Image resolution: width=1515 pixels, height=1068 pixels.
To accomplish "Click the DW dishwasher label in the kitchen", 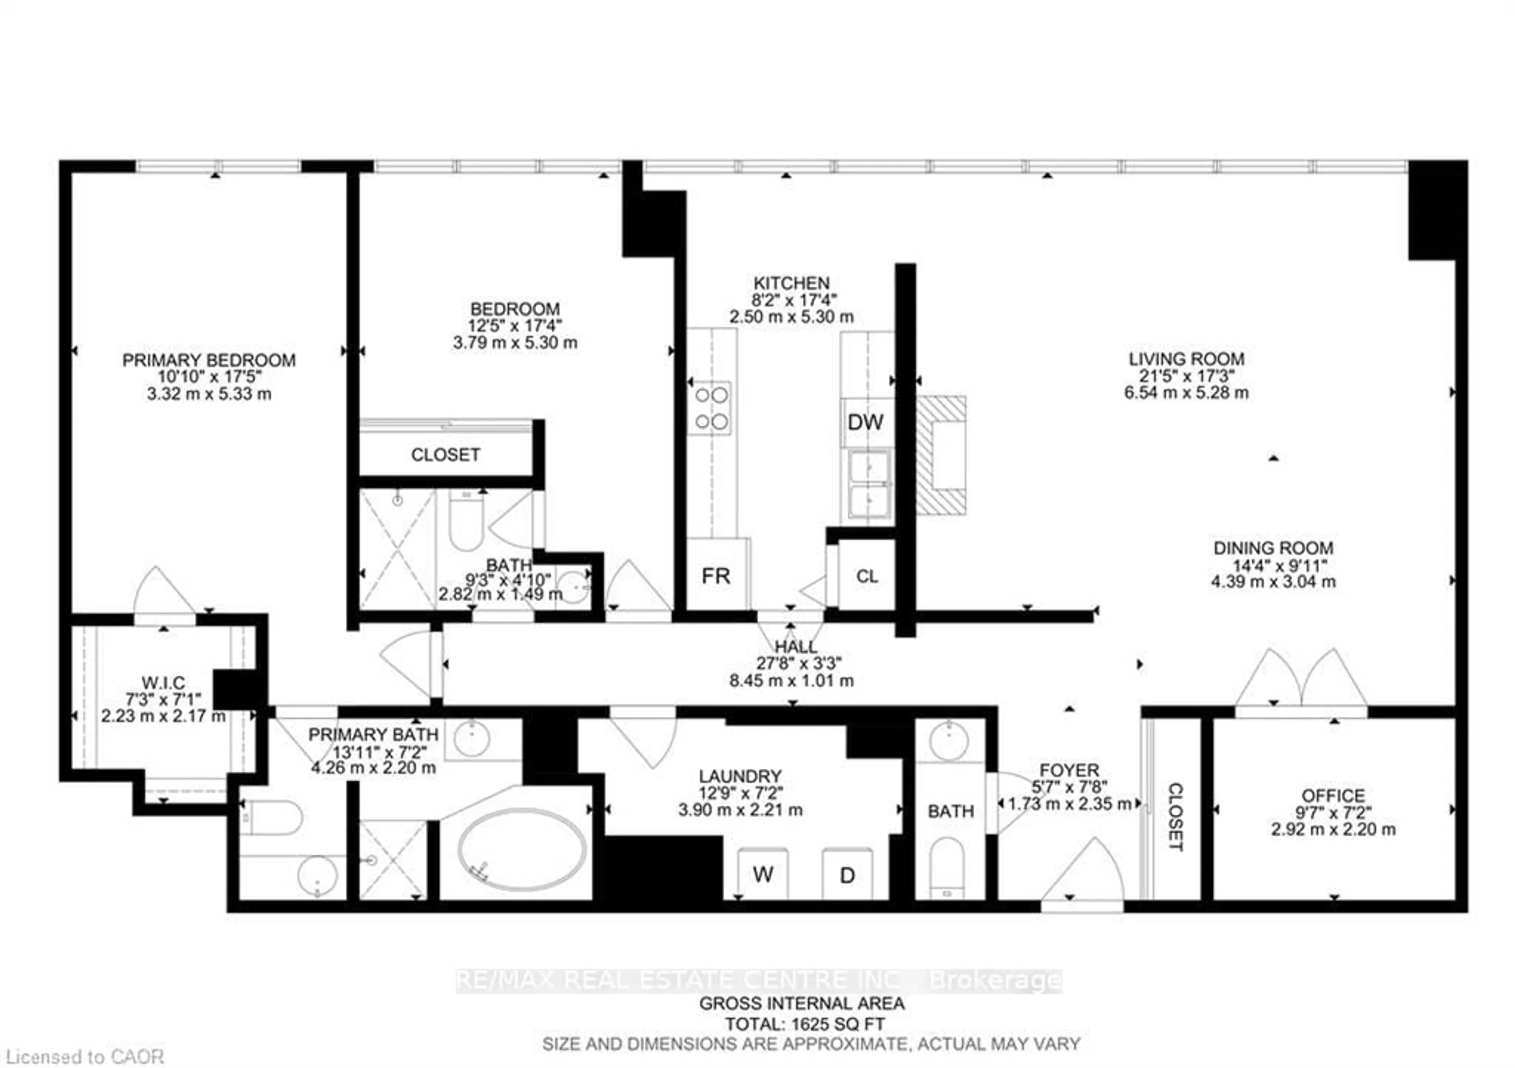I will pos(865,422).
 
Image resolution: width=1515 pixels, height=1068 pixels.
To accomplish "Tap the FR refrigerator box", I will pos(716,576).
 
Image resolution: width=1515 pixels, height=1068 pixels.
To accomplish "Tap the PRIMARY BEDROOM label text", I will pos(209,360).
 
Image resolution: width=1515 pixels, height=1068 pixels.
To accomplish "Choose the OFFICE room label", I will pos(1333,795).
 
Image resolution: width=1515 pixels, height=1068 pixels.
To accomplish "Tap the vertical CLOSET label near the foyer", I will pos(1175,817).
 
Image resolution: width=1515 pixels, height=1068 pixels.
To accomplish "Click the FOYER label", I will pos(1069,770).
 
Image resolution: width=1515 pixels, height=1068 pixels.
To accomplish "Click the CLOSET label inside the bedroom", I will pos(445,454).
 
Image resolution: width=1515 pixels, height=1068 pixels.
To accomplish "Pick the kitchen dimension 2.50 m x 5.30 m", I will pos(791,317).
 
